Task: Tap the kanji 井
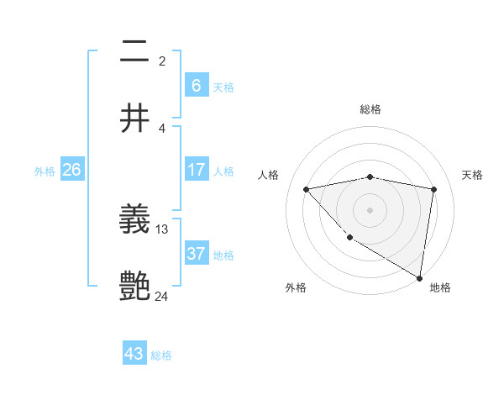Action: click(x=135, y=118)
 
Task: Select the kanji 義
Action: click(x=135, y=221)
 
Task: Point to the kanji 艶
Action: click(x=135, y=287)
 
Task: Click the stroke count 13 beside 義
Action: click(x=162, y=229)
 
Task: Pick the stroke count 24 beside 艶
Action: click(x=162, y=296)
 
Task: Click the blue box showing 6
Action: click(x=196, y=85)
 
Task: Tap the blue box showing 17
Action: click(x=196, y=170)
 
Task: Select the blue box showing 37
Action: click(x=196, y=254)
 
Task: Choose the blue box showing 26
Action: click(x=71, y=170)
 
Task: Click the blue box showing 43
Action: click(x=134, y=354)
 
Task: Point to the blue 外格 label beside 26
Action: click(x=45, y=171)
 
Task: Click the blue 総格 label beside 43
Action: click(x=161, y=355)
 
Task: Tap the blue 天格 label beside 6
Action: click(x=223, y=87)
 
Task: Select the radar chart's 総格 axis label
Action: click(x=370, y=109)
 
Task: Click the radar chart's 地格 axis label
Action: click(x=440, y=287)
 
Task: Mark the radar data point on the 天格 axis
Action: click(x=433, y=189)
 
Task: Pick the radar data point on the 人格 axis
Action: click(x=307, y=189)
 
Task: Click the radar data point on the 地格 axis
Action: click(x=420, y=277)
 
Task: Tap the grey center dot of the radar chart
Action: click(x=370, y=209)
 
